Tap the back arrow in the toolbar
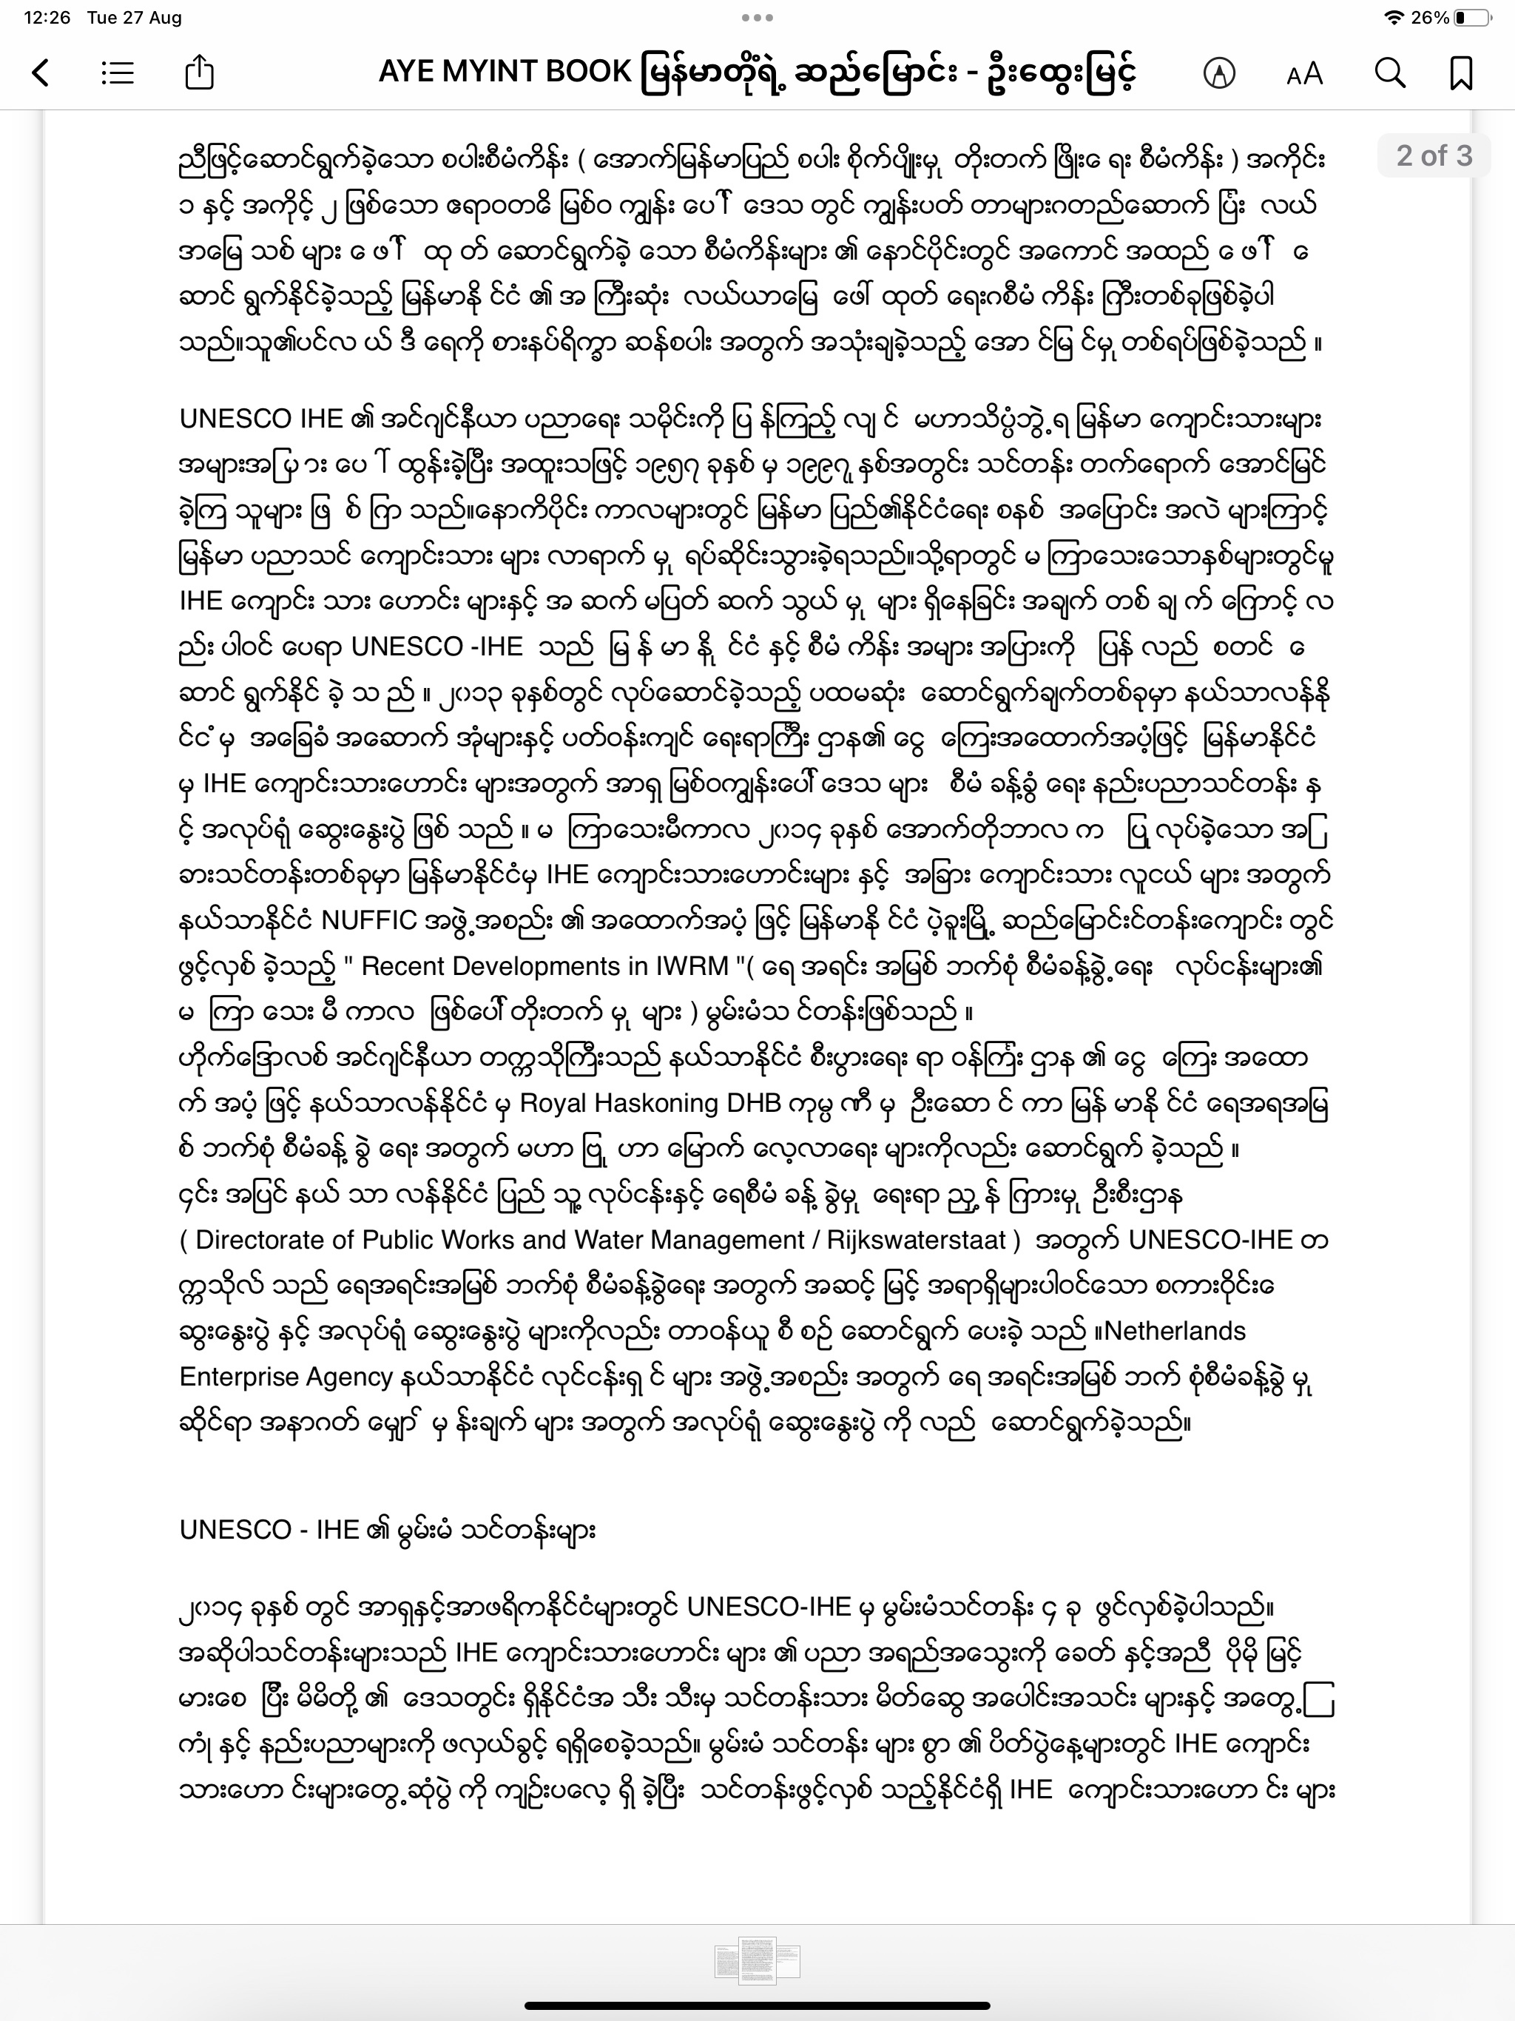pos(40,72)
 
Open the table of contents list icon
pos(118,72)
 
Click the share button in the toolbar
pos(199,72)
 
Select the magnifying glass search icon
pos(1390,72)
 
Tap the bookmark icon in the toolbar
pos(1461,72)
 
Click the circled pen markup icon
pos(1219,73)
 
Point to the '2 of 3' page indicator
pos(1434,155)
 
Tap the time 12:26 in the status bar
pos(47,17)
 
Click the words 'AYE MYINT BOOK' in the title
pos(505,71)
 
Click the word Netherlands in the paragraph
pos(1174,1332)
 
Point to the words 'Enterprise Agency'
pos(286,1377)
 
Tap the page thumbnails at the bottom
pos(757,1960)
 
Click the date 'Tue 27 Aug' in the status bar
pos(135,17)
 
